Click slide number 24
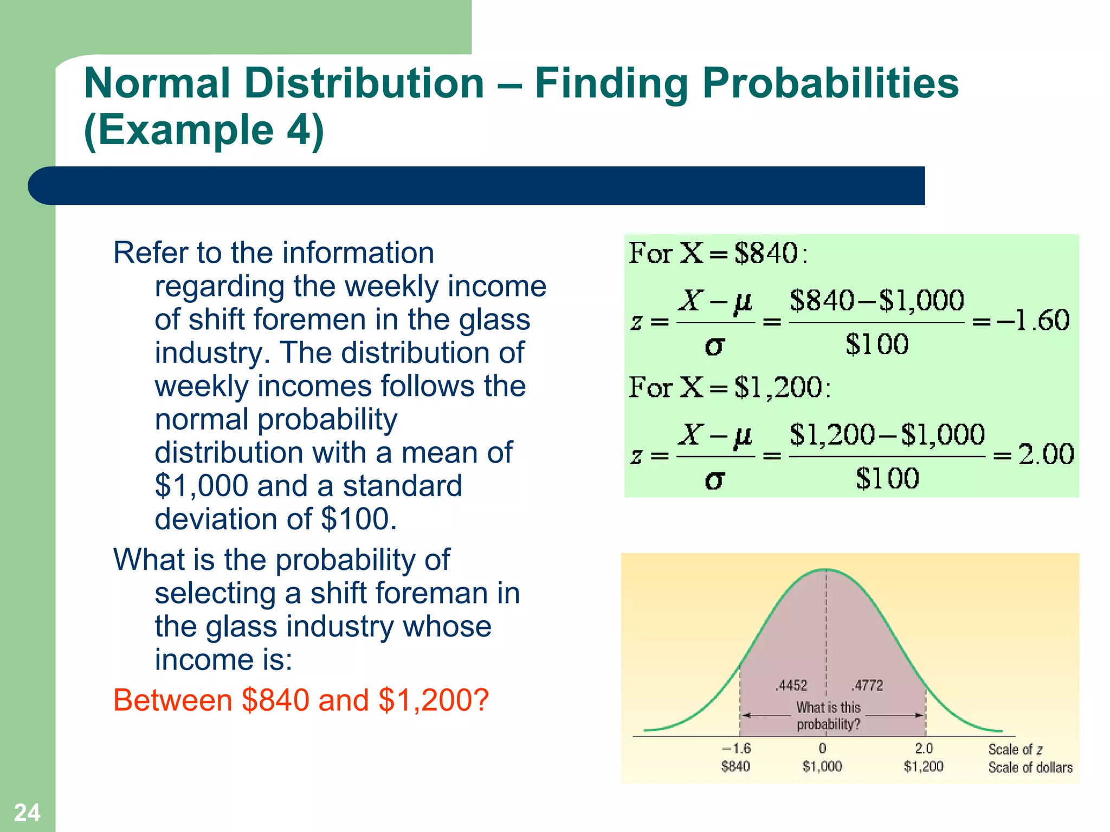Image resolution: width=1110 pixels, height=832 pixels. coord(27,812)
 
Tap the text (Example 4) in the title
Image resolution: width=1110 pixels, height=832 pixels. coord(204,130)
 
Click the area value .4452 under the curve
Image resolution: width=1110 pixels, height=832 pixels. coord(791,686)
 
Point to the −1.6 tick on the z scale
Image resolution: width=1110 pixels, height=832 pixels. coord(737,749)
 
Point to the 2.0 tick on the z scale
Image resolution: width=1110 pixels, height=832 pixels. coord(924,749)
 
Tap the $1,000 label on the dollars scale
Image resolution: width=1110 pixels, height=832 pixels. coord(822,766)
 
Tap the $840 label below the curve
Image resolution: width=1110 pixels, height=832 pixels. coord(735,766)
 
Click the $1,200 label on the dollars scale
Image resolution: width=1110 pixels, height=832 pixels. coord(924,766)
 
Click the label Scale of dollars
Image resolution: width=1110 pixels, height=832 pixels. coord(1030,768)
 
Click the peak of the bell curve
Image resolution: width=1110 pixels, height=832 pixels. coord(825,570)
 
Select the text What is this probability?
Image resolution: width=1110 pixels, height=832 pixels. coord(828,716)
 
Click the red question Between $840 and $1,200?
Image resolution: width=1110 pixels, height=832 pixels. coord(301,700)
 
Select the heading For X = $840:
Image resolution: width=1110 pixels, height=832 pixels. coord(718,253)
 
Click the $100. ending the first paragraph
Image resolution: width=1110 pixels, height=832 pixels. coord(359,519)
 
